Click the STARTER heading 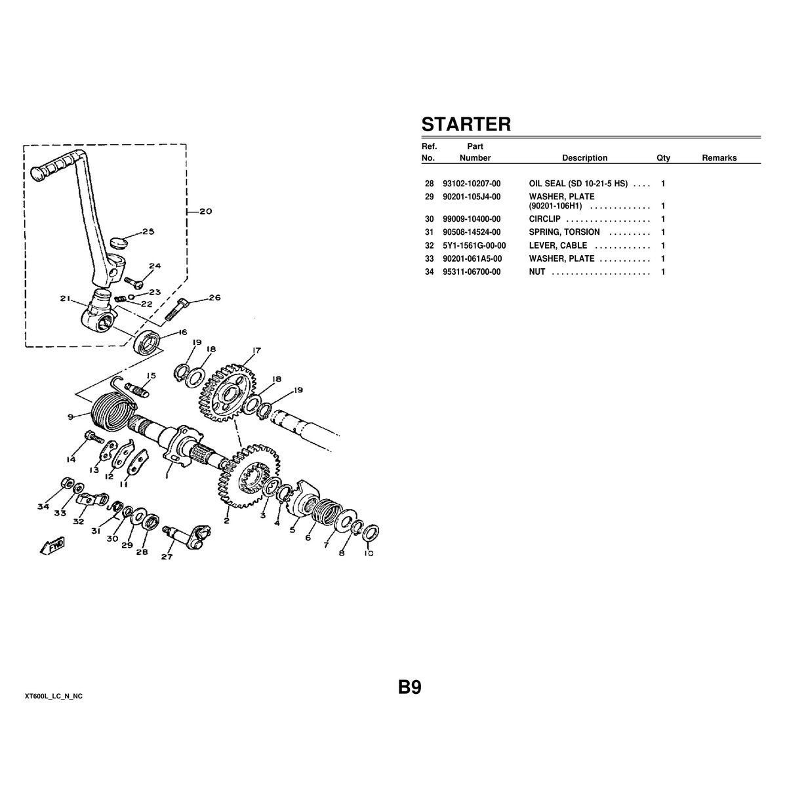(466, 124)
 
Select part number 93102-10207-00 (472, 184)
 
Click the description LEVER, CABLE (558, 245)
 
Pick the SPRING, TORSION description (564, 232)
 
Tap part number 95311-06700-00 (472, 272)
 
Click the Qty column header (663, 158)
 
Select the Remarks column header (719, 158)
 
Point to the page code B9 (409, 687)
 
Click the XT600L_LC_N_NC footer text (54, 695)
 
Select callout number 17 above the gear (256, 350)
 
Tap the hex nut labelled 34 (66, 483)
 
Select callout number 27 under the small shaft (167, 557)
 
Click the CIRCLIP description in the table (544, 219)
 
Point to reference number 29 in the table (429, 197)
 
